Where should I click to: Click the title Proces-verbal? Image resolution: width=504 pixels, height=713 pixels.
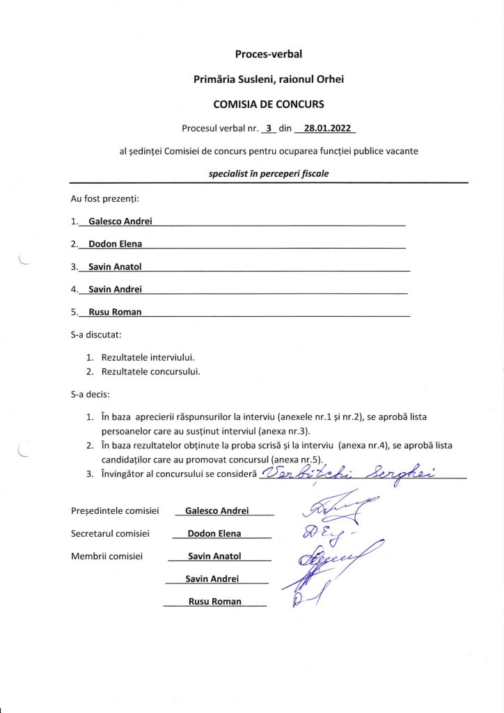pyautogui.click(x=269, y=54)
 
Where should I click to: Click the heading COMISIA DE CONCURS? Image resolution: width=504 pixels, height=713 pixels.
pyautogui.click(x=269, y=104)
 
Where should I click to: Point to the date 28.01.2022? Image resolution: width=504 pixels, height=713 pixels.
pyautogui.click(x=326, y=128)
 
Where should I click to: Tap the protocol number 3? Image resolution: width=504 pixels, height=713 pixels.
pyautogui.click(x=268, y=128)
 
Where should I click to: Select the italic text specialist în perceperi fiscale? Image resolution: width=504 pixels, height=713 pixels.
pyautogui.click(x=269, y=173)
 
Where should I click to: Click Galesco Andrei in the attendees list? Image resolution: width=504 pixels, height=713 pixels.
pyautogui.click(x=120, y=221)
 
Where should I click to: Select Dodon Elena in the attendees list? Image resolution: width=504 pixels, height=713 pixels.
pyautogui.click(x=116, y=244)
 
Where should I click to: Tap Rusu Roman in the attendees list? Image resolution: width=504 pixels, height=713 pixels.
pyautogui.click(x=116, y=312)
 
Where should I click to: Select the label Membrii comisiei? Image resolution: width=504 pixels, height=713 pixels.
pyautogui.click(x=107, y=556)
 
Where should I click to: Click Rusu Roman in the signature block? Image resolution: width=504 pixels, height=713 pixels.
pyautogui.click(x=215, y=602)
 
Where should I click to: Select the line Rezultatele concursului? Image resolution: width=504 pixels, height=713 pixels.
pyautogui.click(x=151, y=371)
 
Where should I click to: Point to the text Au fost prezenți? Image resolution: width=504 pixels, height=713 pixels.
pyautogui.click(x=105, y=198)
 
